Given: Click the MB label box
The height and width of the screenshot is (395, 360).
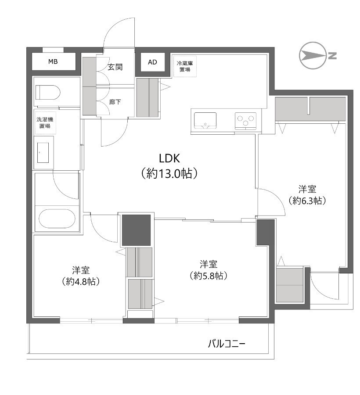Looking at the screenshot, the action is pos(53,61).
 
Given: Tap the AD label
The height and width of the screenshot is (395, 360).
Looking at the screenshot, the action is pos(152,62).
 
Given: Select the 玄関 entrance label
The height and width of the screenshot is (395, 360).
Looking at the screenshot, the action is pos(115,67).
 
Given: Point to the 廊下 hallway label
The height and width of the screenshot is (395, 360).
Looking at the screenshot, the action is pos(115,102).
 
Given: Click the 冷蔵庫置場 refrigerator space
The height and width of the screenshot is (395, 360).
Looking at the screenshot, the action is pos(185,66).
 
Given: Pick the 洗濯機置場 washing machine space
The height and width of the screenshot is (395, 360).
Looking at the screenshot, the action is pos(45,122).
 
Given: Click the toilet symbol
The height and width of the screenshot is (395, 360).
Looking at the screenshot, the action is pos(47,93).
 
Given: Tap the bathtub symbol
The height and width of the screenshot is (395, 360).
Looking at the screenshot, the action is pos(57,219).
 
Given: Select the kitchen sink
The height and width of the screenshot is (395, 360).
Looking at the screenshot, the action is pos(205,121).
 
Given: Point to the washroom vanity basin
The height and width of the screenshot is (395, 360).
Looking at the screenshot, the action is pos(43,153).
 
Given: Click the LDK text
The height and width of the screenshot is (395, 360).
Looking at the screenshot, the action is pos(169,158).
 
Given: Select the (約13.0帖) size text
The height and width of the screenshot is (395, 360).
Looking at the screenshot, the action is pos(169,173).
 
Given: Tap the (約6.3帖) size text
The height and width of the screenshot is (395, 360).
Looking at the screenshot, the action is pos(307,201).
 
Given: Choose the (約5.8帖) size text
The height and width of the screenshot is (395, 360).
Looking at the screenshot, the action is pos(209,276).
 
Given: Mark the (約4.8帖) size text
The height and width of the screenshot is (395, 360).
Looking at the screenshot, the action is pos(81,281).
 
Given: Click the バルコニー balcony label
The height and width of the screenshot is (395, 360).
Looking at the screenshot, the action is pos(226,344).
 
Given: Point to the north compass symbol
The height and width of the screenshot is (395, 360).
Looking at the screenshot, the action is pos(312,55).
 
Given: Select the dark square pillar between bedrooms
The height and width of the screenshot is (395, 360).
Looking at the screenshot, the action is pos(136,230).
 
